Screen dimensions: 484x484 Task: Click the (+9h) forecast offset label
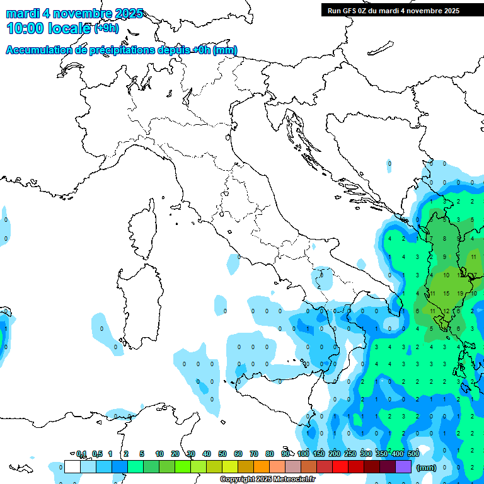point(106,28)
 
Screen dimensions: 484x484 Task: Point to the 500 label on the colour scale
point(413,454)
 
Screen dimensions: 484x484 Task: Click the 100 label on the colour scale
point(303,454)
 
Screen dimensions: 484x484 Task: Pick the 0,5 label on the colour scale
point(97,454)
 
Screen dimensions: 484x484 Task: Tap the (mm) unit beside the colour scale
point(426,468)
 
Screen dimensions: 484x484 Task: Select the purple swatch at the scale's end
point(403,467)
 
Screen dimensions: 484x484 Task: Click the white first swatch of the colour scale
point(72,467)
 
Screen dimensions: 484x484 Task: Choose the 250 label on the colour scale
point(350,454)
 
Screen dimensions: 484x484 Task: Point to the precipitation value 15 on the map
point(446,293)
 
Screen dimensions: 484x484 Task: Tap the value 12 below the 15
point(446,311)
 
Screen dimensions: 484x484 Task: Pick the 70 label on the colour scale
point(254,454)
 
